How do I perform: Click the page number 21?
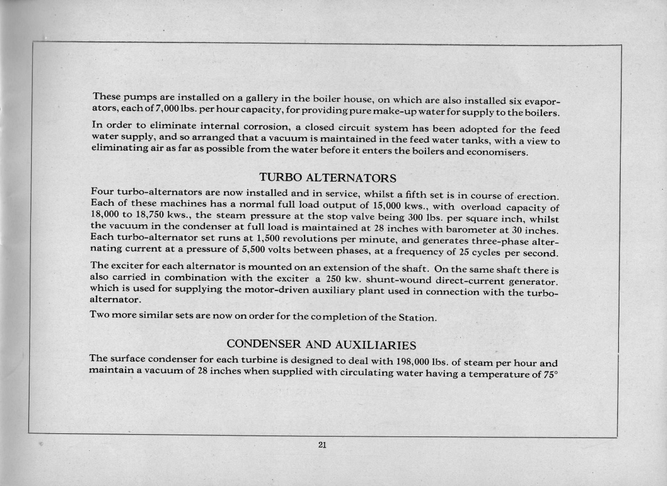click(322, 445)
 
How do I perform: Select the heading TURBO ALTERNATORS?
click(328, 177)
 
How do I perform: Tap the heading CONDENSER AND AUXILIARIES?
click(321, 345)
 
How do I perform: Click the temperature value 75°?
click(549, 374)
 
